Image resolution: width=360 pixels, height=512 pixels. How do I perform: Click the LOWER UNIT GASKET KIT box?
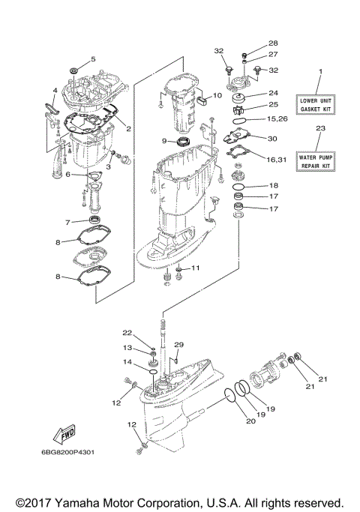click(x=319, y=104)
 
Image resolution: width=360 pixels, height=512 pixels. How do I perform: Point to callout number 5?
click(x=94, y=58)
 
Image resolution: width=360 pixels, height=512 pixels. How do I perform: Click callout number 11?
click(x=196, y=268)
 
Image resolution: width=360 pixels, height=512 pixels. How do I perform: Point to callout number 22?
click(x=127, y=333)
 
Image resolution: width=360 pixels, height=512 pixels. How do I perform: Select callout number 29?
click(x=178, y=344)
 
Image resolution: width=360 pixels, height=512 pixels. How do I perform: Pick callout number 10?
click(x=217, y=95)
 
